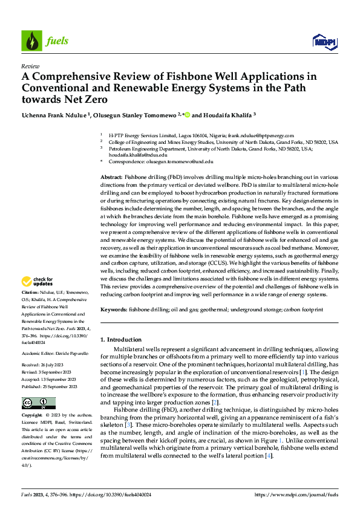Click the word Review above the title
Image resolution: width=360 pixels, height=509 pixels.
pos(30,66)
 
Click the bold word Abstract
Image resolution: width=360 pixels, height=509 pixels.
pos(111,175)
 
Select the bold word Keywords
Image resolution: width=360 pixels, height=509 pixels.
pos(114,309)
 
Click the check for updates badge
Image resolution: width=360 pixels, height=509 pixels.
pos(37,281)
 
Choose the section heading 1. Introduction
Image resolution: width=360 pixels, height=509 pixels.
pos(121,340)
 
